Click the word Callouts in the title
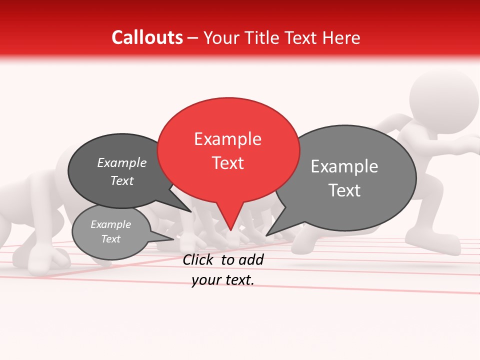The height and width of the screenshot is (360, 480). pos(147,37)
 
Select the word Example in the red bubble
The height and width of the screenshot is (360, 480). pos(227,139)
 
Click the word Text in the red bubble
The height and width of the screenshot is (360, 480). pos(227,163)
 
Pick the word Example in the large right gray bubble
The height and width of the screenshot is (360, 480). pos(344,166)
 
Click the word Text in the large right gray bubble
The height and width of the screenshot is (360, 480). pos(344,190)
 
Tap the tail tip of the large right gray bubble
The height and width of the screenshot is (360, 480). pos(266,235)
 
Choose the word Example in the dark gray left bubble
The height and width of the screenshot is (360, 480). pos(122,162)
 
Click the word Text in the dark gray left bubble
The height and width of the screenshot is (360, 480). pos(122,180)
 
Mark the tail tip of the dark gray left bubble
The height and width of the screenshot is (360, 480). pos(191,211)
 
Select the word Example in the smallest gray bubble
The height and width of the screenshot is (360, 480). pos(110,224)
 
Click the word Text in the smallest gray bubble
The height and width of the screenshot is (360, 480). pos(110,239)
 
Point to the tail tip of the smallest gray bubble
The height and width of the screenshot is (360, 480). pos(173,239)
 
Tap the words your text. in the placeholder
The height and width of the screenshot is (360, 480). pos(223,280)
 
